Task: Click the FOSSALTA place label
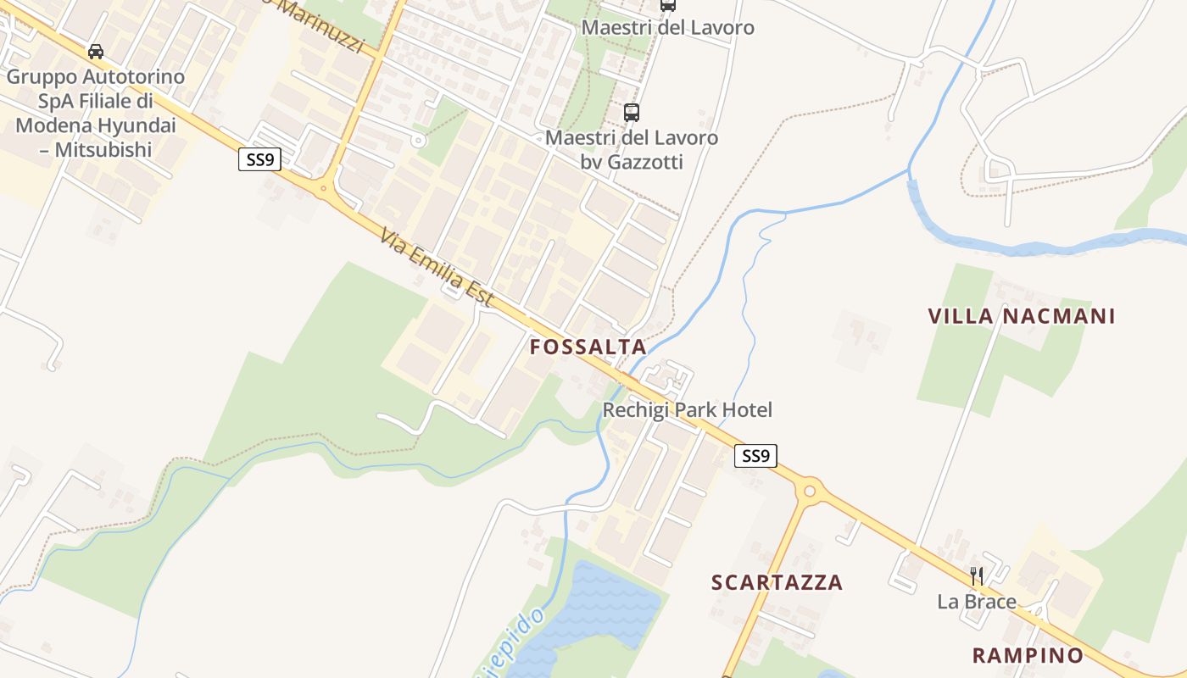pyautogui.click(x=588, y=347)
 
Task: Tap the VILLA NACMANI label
pyautogui.click(x=1021, y=317)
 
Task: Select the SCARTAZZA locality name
pyautogui.click(x=777, y=582)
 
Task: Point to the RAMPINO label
pyautogui.click(x=1028, y=655)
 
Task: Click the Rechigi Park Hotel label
pyautogui.click(x=687, y=410)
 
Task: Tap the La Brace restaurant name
pyautogui.click(x=976, y=602)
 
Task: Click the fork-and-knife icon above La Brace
pyautogui.click(x=977, y=576)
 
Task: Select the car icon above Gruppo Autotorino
pyautogui.click(x=96, y=52)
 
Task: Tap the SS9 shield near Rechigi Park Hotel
pyautogui.click(x=755, y=456)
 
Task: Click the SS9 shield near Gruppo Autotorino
pyautogui.click(x=259, y=159)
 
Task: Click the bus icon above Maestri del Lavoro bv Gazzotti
pyautogui.click(x=631, y=112)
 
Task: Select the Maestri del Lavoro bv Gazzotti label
pyautogui.click(x=632, y=149)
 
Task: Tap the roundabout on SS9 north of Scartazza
pyautogui.click(x=810, y=490)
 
